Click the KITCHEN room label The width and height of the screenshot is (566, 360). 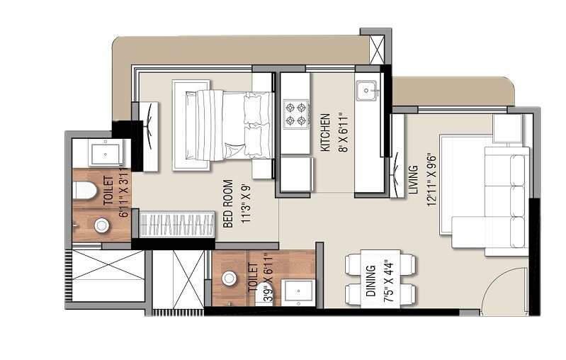coord(325,133)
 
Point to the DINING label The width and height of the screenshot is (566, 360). coord(370,281)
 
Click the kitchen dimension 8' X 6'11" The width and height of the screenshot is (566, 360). coord(341,133)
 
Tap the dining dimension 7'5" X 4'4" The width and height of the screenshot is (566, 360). coord(387,281)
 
